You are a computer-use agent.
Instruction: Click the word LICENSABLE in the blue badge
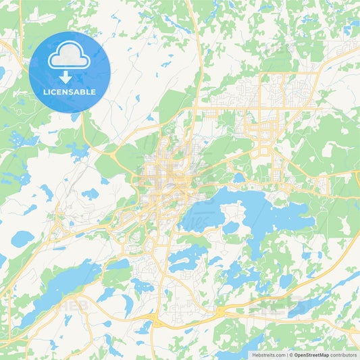(70, 92)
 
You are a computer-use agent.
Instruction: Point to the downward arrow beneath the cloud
(70, 77)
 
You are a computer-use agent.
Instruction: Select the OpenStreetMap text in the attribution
(314, 354)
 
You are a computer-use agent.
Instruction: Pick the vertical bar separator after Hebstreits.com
(286, 354)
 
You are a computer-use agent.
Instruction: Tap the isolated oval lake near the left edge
(22, 238)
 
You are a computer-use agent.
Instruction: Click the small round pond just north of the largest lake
(240, 178)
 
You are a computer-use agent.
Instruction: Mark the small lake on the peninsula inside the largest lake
(231, 227)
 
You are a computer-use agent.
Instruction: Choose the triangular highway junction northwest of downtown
(108, 150)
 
